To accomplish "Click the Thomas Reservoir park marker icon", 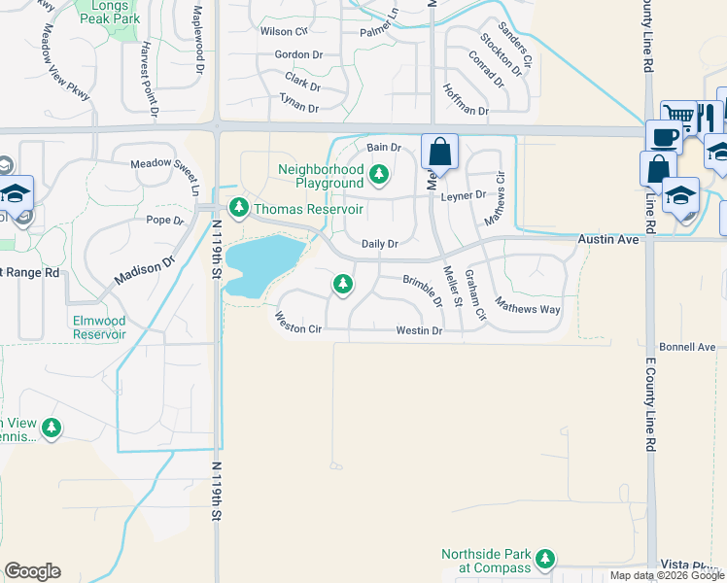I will coord(238,208).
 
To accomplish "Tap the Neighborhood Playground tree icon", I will coord(379,176).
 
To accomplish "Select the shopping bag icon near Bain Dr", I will coord(439,153).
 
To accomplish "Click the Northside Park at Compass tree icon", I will coord(545,559).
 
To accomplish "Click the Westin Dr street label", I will coord(419,331).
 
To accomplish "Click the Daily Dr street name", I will coord(380,244).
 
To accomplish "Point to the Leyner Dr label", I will coord(463,195).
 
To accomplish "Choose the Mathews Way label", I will coord(527,307).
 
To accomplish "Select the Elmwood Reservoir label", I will coord(98,326).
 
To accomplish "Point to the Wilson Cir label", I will coord(284,31).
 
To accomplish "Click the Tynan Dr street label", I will coord(299,108).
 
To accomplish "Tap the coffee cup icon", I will coord(665,137).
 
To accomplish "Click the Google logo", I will coord(32,571).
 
